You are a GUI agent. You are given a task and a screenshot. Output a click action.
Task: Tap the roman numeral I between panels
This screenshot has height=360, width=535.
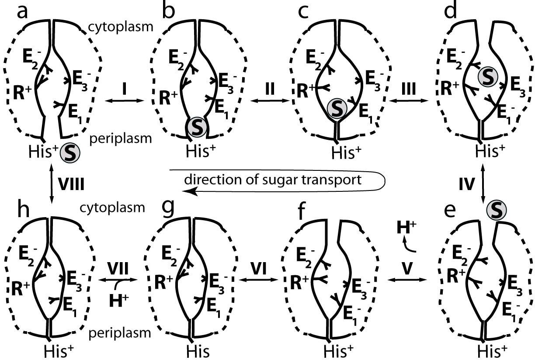tap(125, 90)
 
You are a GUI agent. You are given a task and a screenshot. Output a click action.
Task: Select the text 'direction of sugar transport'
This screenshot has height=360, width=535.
tap(273, 180)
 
